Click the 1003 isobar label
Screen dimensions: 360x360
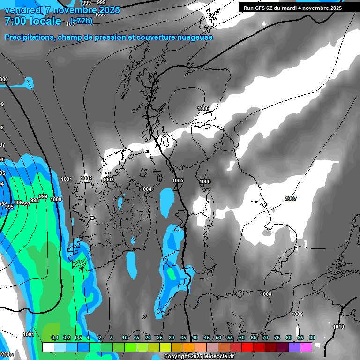(108, 180)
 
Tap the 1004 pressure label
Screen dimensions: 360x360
(146, 189)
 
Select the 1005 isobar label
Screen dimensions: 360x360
(178, 180)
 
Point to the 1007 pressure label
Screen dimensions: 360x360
(291, 198)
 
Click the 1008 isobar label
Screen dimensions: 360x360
(266, 294)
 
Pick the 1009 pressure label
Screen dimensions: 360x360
(297, 314)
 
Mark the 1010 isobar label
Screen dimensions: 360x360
(338, 327)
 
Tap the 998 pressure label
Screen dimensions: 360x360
(35, 200)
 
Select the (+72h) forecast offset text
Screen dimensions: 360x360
(81, 20)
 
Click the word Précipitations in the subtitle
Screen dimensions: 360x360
(29, 37)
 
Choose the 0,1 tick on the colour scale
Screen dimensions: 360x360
(54, 337)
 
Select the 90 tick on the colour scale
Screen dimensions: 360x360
(312, 337)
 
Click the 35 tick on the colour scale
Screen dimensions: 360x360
(183, 337)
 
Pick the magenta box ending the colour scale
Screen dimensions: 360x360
(306, 347)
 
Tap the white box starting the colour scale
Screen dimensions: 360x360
(48, 347)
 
